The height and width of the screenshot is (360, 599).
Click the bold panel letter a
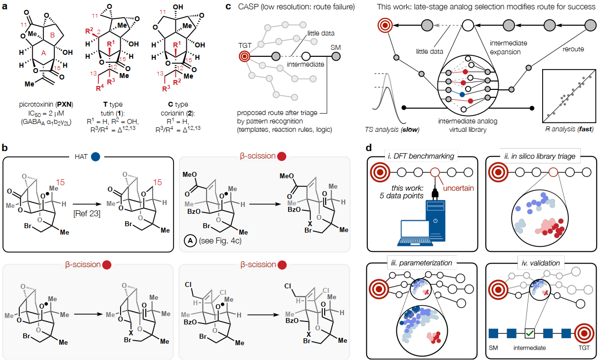(x=5, y=7)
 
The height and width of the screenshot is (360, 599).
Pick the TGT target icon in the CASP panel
(x=245, y=57)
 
